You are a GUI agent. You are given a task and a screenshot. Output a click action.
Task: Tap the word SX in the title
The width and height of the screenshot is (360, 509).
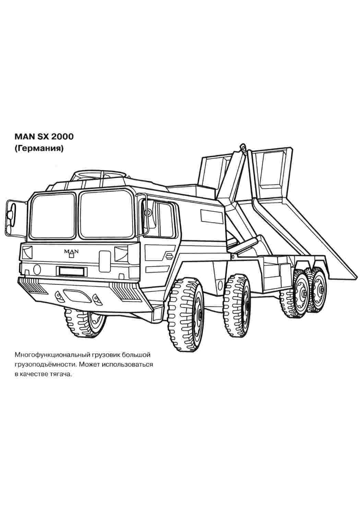tap(44, 137)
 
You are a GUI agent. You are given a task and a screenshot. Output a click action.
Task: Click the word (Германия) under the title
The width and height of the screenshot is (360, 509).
tap(39, 149)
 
